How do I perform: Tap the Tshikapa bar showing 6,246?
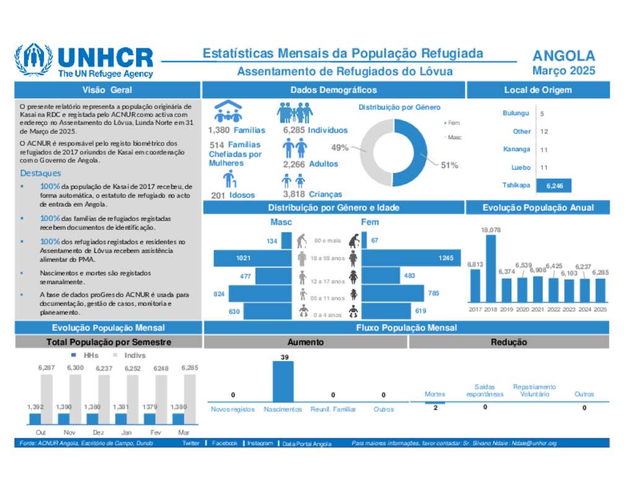coord(554,185)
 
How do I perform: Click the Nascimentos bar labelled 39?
coord(284,382)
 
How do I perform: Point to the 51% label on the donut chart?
coord(449,165)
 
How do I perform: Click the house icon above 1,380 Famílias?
coord(228,112)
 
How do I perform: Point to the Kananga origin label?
coord(516,149)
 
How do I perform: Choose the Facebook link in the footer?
coord(224,444)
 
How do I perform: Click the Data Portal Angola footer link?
coord(306,444)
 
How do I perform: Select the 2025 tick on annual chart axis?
coord(599,309)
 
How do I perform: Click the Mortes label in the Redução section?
coord(435,394)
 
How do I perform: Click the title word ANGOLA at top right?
coord(563,56)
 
